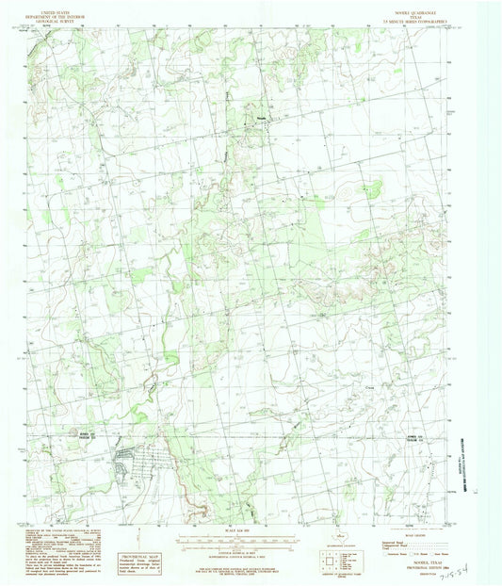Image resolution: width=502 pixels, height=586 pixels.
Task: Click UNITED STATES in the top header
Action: click(x=79, y=7)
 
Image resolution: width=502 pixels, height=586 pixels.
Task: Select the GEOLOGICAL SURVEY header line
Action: click(x=79, y=17)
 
